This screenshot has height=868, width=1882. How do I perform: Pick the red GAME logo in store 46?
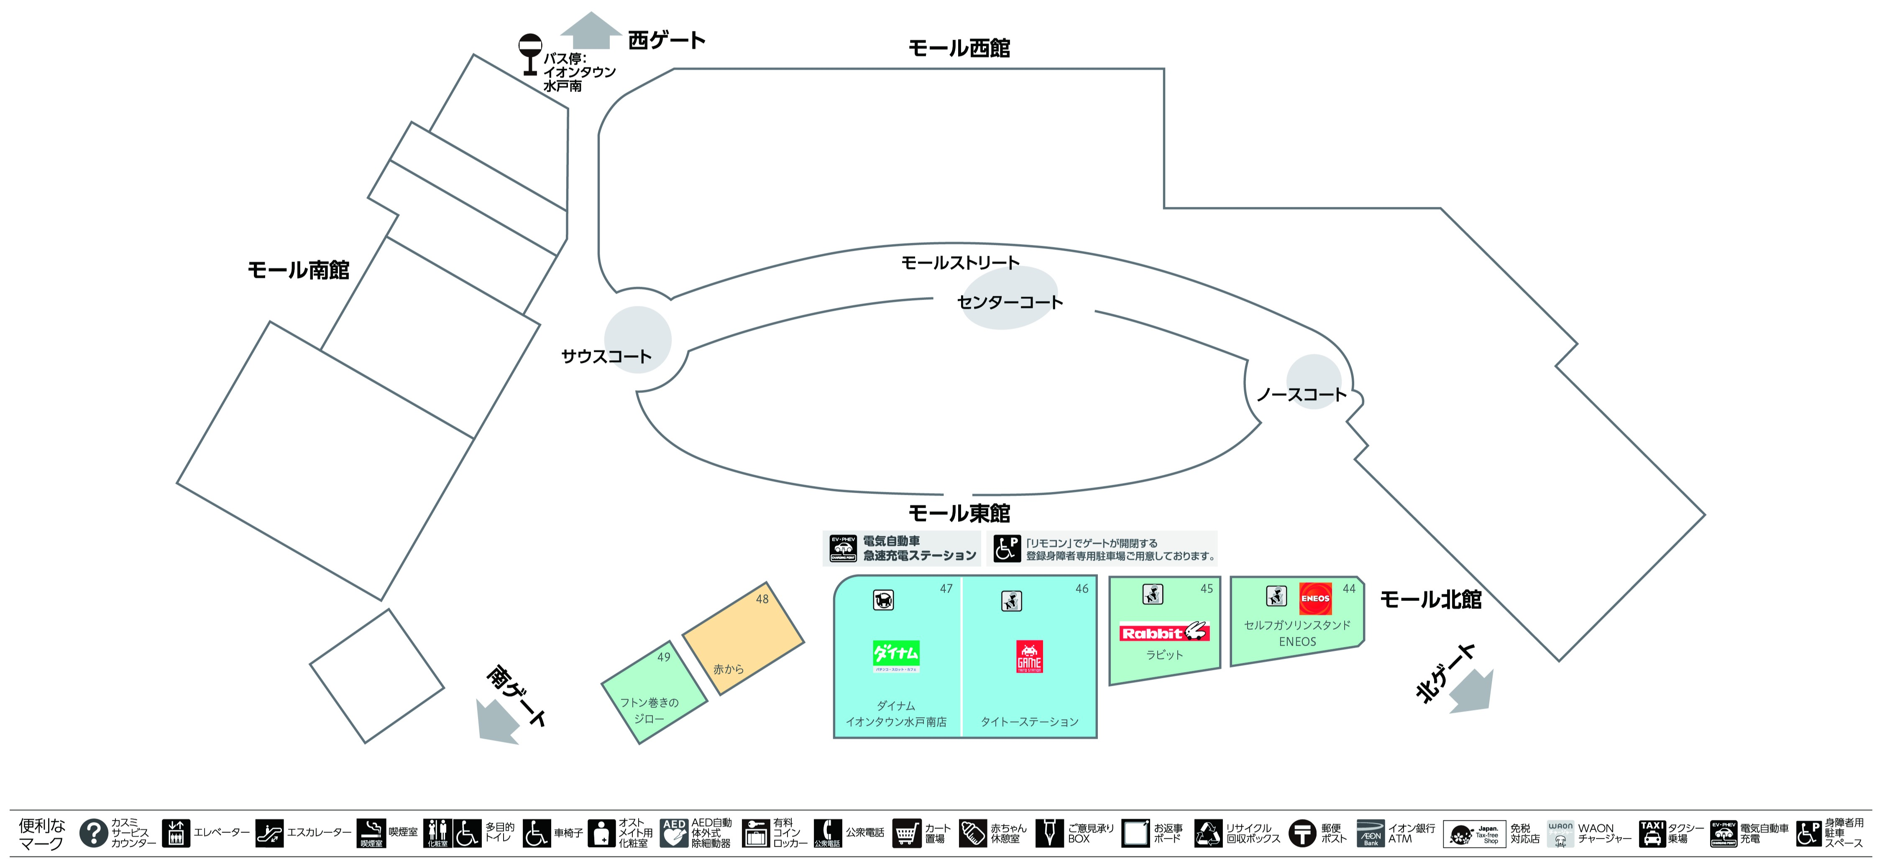pyautogui.click(x=1029, y=656)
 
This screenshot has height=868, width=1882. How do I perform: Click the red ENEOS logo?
pyautogui.click(x=1315, y=598)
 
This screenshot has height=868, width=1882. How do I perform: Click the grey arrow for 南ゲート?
pyautogui.click(x=497, y=723)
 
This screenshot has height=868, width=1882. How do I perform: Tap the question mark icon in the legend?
pyautogui.click(x=94, y=833)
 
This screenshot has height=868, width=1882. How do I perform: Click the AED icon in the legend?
pyautogui.click(x=674, y=833)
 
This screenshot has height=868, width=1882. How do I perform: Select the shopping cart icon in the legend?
pyautogui.click(x=906, y=833)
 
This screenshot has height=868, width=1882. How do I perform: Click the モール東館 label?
pyautogui.click(x=959, y=513)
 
